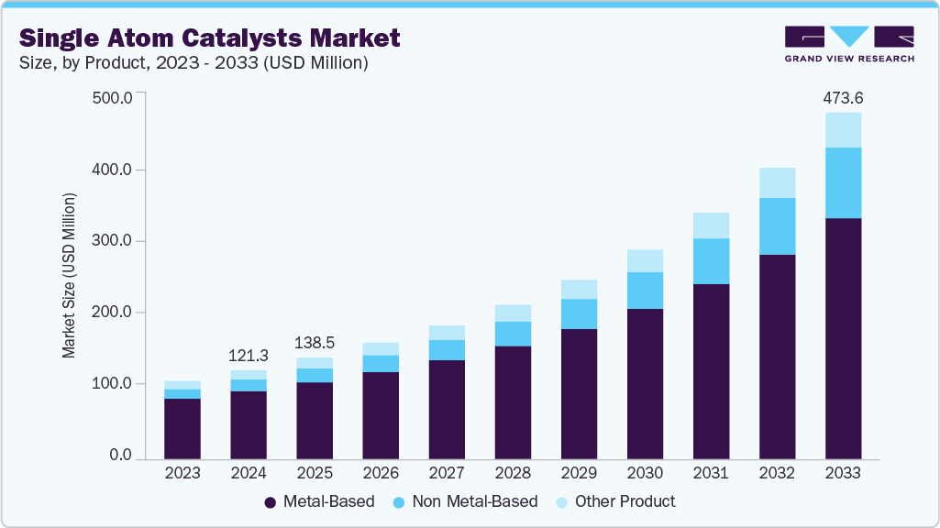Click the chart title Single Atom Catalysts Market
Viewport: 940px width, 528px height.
click(x=209, y=38)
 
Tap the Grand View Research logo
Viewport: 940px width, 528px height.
click(x=849, y=43)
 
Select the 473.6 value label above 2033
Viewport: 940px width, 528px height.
click(x=843, y=97)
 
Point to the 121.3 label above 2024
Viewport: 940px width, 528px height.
click(x=249, y=355)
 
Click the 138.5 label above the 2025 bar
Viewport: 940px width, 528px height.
click(x=315, y=342)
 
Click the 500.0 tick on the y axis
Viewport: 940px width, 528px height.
click(x=114, y=98)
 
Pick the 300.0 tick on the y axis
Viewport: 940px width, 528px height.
click(x=114, y=241)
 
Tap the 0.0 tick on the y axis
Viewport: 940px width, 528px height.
click(x=120, y=456)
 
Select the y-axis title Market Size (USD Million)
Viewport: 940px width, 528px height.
click(x=69, y=276)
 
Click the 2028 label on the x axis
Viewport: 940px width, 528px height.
click(x=513, y=474)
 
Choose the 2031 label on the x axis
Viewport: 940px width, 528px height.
click(x=711, y=474)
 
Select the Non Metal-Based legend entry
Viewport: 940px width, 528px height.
click(x=457, y=501)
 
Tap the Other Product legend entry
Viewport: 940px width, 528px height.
click(x=616, y=501)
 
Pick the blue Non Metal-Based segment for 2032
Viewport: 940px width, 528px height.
click(x=777, y=226)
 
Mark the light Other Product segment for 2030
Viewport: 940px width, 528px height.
click(x=645, y=260)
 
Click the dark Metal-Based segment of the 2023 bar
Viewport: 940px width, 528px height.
click(x=182, y=428)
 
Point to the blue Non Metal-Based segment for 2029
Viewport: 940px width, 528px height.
click(x=579, y=313)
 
